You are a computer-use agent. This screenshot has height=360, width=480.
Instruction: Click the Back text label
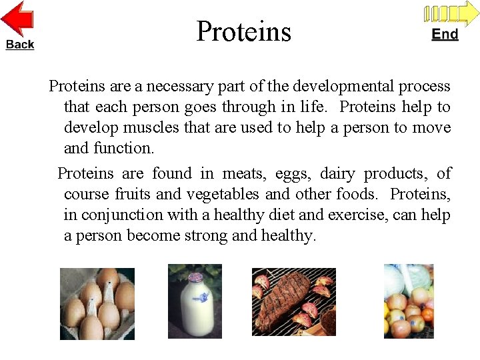20,45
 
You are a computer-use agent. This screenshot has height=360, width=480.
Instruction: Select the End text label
445,34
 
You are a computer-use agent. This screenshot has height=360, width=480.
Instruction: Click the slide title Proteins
243,31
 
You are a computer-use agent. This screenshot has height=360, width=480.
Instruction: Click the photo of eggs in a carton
97,303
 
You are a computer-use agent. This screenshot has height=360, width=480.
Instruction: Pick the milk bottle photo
195,300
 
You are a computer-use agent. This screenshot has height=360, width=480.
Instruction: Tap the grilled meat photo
293,301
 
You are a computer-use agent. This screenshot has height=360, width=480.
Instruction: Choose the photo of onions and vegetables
408,301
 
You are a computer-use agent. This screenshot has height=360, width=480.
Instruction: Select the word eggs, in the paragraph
291,174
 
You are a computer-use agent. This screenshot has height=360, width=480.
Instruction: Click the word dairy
337,174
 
